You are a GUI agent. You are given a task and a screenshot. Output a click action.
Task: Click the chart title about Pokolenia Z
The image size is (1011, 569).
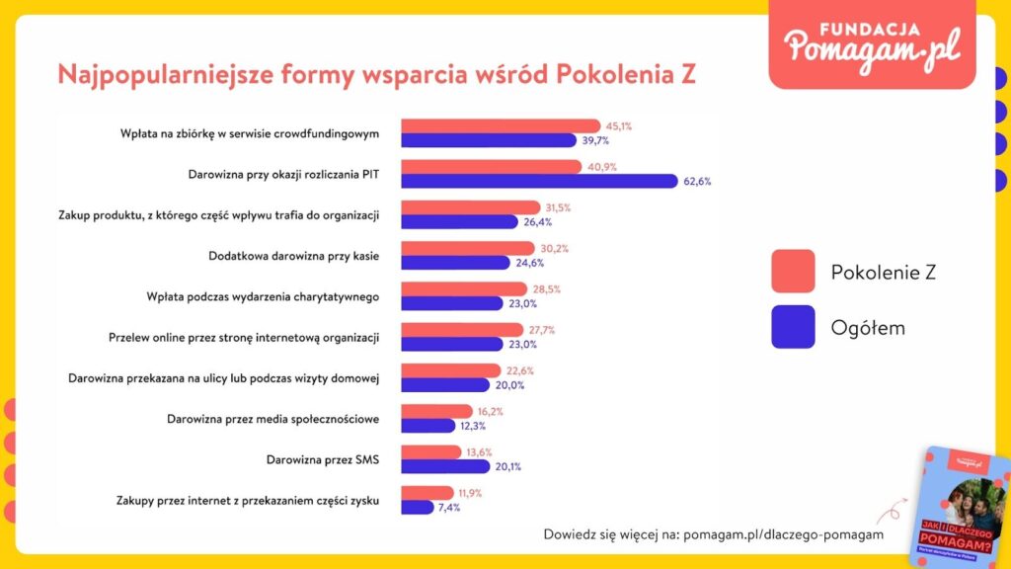coord(376,76)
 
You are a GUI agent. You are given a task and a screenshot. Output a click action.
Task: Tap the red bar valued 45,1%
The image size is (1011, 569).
coord(500,126)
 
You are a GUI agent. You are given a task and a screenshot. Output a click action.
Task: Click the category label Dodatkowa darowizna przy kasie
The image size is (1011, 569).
coord(294,256)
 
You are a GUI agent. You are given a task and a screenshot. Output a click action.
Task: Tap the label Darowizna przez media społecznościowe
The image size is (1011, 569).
coord(273,419)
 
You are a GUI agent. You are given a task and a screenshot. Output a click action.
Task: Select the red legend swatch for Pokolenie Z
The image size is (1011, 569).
coord(793,272)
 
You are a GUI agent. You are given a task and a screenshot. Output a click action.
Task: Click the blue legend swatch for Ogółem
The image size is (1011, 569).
coord(793,327)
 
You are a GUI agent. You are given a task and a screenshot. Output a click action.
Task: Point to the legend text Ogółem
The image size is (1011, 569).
coord(868,328)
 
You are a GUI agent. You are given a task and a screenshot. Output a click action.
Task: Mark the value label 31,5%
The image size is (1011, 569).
coord(558,207)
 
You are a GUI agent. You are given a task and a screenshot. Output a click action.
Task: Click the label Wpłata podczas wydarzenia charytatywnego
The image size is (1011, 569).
coord(258,296)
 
